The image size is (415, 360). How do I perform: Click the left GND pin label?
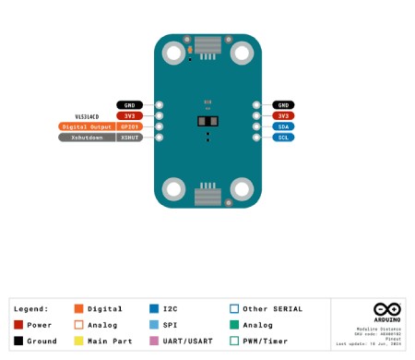click(130, 105)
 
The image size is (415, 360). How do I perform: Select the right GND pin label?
click(282, 105)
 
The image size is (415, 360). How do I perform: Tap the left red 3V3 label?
click(130, 115)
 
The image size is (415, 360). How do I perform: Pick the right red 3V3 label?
click(282, 115)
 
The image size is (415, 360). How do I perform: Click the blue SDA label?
click(282, 126)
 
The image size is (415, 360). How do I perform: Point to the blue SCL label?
click(282, 138)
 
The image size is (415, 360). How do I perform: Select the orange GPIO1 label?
click(129, 126)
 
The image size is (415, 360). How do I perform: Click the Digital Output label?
click(87, 126)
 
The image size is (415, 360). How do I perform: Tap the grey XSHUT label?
click(129, 138)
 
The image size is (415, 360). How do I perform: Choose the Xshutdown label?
click(87, 138)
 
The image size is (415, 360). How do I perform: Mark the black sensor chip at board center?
click(207, 122)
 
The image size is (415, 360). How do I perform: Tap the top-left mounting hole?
click(173, 51)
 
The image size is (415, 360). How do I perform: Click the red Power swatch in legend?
click(18, 325)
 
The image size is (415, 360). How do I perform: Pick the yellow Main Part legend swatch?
click(79, 341)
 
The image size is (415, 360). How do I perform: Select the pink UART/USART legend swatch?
click(153, 341)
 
